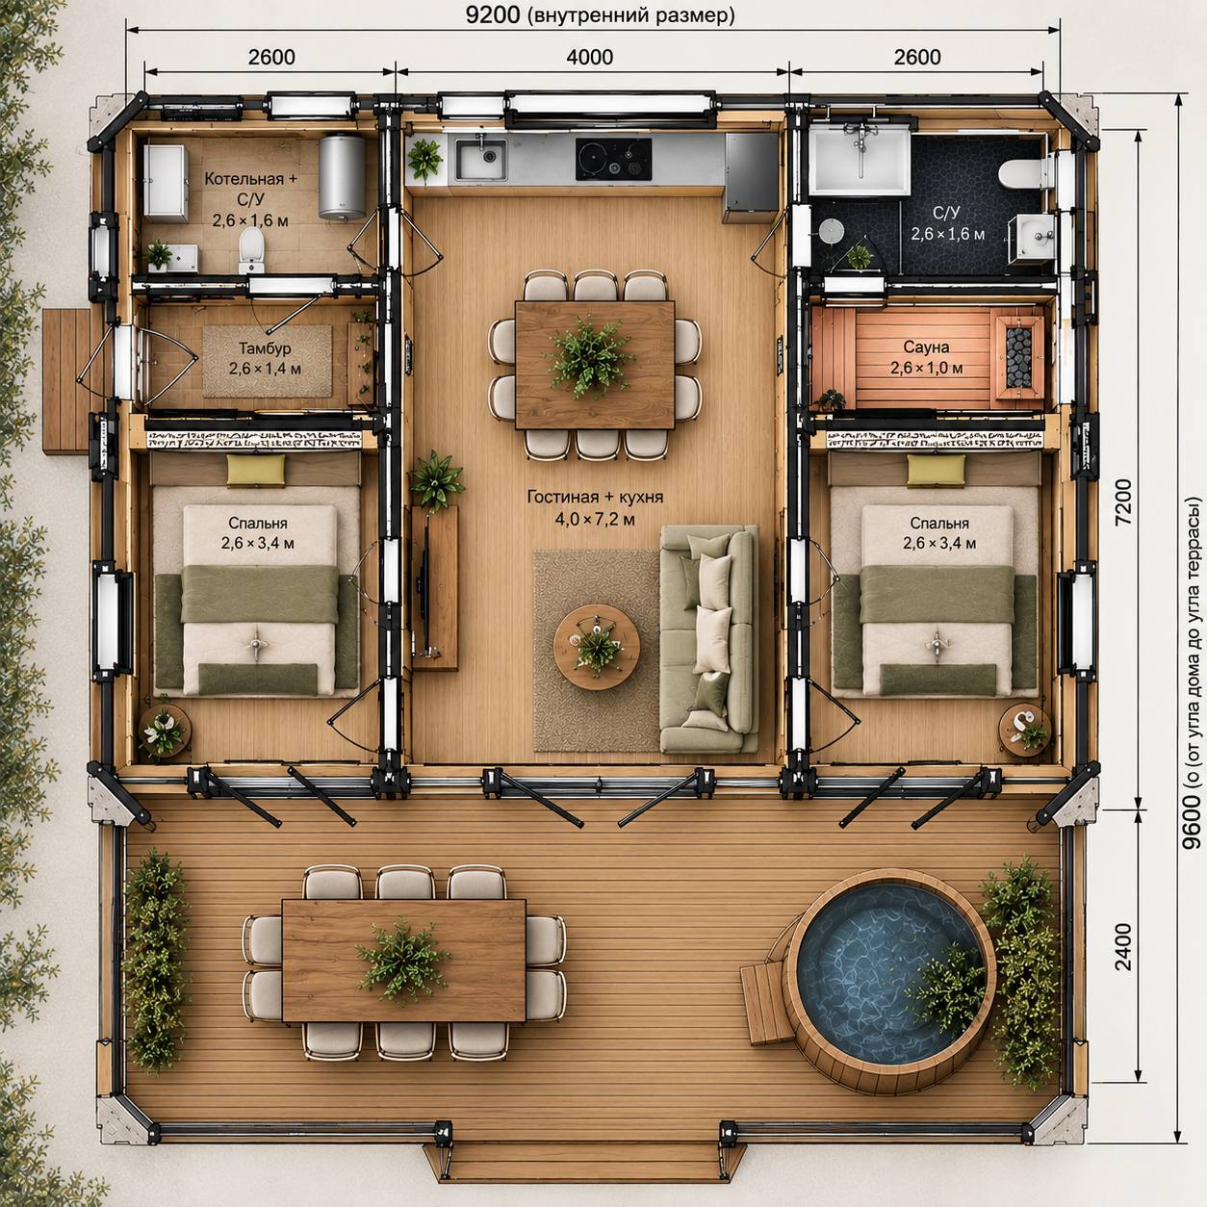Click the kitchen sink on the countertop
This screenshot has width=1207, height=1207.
coord(481,159)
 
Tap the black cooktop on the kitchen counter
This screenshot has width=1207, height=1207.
coord(613,159)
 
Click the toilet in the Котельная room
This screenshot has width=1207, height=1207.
coord(251,250)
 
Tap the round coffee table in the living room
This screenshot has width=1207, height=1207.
coord(597,646)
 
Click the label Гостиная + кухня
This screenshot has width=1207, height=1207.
coord(595,497)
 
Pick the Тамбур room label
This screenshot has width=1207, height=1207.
coord(265,347)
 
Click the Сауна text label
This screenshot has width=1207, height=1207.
coord(926,347)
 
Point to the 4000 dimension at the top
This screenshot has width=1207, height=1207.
coord(589,57)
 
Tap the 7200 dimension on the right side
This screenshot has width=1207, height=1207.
coord(1123,501)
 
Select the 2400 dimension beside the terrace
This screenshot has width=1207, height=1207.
coord(1123,946)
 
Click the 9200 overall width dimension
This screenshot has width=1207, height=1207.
coord(492,15)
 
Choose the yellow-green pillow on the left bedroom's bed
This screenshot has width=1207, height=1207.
coord(256,470)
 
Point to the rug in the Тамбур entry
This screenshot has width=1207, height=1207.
coord(268,361)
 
